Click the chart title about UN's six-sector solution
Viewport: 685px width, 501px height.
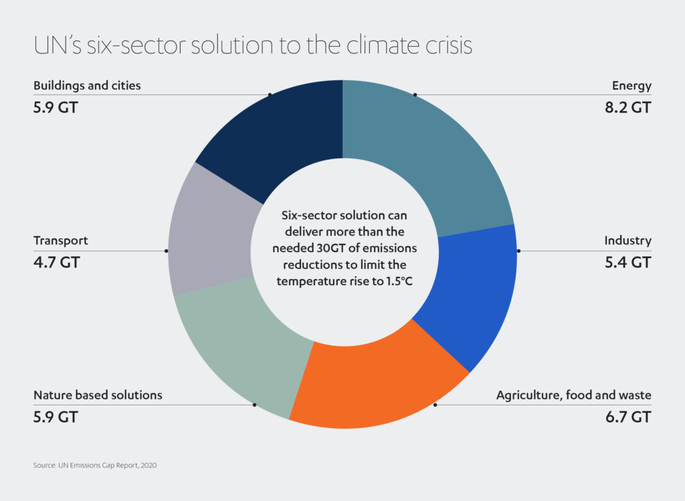click(x=253, y=45)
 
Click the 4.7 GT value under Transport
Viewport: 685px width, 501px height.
click(x=56, y=262)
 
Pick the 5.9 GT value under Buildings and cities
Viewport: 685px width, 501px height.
click(x=56, y=107)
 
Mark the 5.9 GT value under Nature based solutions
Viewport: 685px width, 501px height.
click(x=56, y=417)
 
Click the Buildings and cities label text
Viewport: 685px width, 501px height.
click(x=87, y=86)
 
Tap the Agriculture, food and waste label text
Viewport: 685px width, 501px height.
click(x=573, y=395)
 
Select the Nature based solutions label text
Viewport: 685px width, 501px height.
click(x=98, y=395)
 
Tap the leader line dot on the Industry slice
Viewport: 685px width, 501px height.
click(x=518, y=251)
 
